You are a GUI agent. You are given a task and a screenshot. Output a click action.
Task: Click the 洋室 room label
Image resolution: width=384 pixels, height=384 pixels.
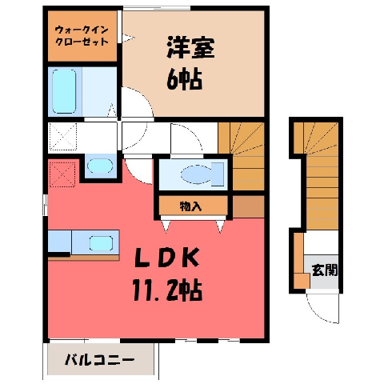(x=190, y=47)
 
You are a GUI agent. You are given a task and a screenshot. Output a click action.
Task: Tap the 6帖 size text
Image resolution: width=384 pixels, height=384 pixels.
(x=184, y=80)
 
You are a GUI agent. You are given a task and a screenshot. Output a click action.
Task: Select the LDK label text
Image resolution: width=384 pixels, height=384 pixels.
(x=167, y=258)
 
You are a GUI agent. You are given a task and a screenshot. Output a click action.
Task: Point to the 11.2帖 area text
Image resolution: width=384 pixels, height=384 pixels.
(x=167, y=290)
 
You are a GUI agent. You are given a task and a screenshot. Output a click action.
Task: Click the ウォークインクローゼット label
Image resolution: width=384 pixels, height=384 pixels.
(x=82, y=36)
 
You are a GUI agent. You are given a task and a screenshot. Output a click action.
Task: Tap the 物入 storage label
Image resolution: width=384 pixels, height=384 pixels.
(x=190, y=206)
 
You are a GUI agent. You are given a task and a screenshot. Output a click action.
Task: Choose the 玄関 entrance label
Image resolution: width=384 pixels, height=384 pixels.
(x=325, y=270)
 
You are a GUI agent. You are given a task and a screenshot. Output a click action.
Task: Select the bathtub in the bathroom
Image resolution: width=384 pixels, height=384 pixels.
(x=64, y=91)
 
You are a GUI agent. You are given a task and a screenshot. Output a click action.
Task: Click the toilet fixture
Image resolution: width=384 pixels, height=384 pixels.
(x=202, y=174)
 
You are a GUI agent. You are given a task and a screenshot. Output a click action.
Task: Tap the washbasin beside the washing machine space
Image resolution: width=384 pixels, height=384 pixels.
(x=100, y=166)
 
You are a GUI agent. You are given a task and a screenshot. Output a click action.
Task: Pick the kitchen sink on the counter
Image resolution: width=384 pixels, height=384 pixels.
(x=101, y=243)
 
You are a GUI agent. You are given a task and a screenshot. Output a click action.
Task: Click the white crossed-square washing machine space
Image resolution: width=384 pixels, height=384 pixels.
(x=63, y=136)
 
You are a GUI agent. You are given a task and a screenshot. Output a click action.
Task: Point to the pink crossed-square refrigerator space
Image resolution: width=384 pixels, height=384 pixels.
(x=62, y=174)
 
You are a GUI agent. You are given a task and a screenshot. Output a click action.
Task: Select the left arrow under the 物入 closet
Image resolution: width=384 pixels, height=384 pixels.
(x=166, y=226)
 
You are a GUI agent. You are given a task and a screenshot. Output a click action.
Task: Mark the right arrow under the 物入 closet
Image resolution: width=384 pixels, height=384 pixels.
(x=220, y=226)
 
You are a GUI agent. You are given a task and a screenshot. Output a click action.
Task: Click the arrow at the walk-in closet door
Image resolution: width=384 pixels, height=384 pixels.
(x=129, y=38)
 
